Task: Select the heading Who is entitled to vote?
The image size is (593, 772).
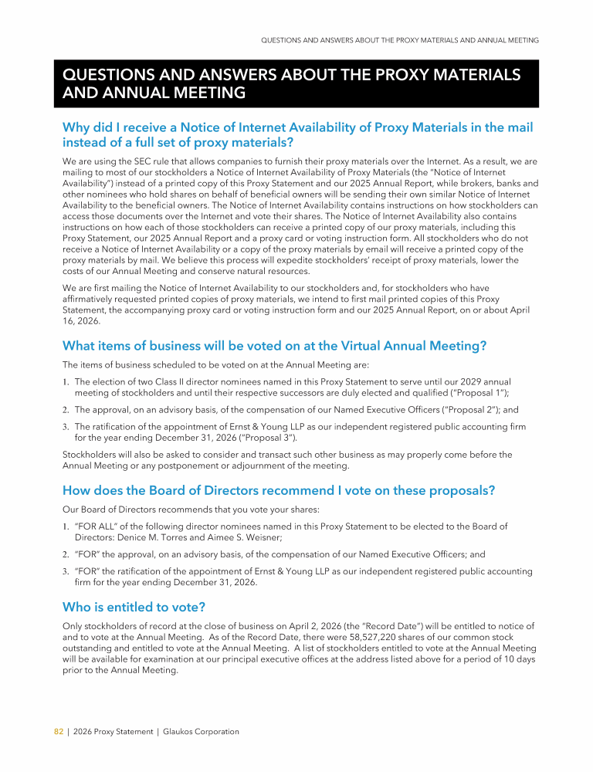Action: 134,608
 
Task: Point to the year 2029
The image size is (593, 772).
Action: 469,381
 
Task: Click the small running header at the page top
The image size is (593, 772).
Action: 400,39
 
